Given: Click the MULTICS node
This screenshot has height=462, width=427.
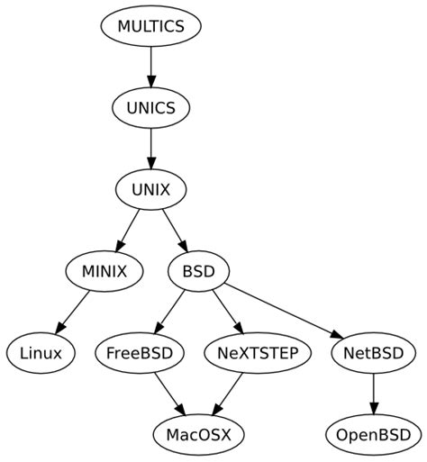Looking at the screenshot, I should pos(150,26).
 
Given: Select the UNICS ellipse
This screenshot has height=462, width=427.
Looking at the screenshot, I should pos(150,108).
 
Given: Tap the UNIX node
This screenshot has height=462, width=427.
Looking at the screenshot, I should pos(150,190).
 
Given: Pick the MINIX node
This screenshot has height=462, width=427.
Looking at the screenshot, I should pos(104,271).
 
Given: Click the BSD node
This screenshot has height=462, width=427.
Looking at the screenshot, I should pos(198,271).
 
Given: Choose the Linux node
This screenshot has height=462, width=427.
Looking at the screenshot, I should pos(41,353).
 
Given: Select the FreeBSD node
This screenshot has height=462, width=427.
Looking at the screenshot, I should pos(139,353).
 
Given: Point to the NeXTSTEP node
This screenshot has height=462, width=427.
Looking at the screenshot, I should pos(258,353).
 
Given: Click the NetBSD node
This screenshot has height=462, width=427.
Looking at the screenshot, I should pos(373,353).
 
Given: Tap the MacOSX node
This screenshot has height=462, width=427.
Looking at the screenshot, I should pos(198,435).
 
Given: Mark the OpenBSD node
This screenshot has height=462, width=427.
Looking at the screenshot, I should pos(373,435).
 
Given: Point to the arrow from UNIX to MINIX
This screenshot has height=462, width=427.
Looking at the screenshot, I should pos(128,231).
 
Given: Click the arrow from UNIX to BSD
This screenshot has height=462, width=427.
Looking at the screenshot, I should pos(174,231).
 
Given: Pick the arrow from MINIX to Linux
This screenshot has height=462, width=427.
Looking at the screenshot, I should pos(74,312).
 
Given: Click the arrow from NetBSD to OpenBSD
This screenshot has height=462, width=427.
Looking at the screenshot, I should pos(373,394).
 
